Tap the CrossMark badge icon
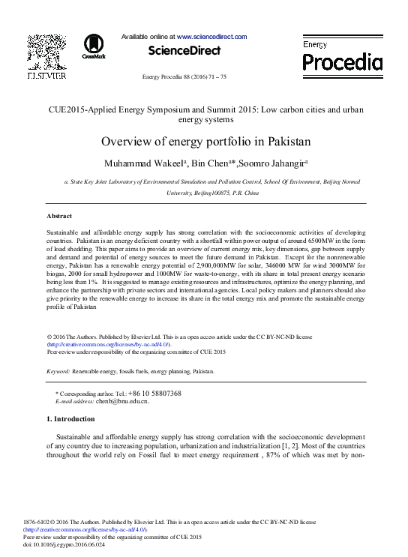(x=94, y=46)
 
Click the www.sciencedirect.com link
(x=212, y=36)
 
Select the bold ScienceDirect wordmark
(x=185, y=51)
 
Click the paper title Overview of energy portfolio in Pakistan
(x=205, y=142)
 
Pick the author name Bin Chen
(x=211, y=163)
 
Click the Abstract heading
(x=59, y=216)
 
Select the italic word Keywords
(x=58, y=371)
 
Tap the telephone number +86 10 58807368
(x=154, y=394)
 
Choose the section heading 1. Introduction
(x=70, y=419)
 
